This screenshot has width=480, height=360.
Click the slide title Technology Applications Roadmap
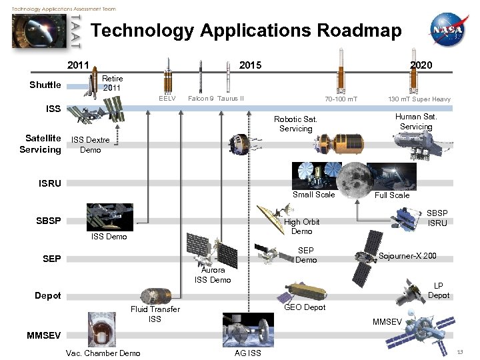[246, 31]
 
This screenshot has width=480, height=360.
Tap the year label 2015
[251, 65]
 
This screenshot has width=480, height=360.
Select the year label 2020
[421, 65]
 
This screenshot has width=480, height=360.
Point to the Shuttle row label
[45, 85]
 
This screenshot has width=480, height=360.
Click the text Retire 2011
[112, 83]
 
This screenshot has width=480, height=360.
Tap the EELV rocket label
[167, 99]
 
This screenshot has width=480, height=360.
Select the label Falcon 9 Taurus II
[216, 99]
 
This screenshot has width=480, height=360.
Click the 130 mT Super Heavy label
[419, 99]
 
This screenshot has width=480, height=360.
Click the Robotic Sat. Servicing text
[295, 124]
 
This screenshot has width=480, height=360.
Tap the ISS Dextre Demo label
[90, 145]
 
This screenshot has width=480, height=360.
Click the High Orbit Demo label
[301, 227]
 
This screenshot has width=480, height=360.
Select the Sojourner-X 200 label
[407, 256]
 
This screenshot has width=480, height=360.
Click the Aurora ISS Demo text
[213, 275]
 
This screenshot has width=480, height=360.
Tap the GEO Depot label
[305, 307]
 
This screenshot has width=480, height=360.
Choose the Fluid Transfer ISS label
[155, 314]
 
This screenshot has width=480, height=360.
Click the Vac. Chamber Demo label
[103, 353]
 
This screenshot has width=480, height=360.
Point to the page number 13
[459, 351]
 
